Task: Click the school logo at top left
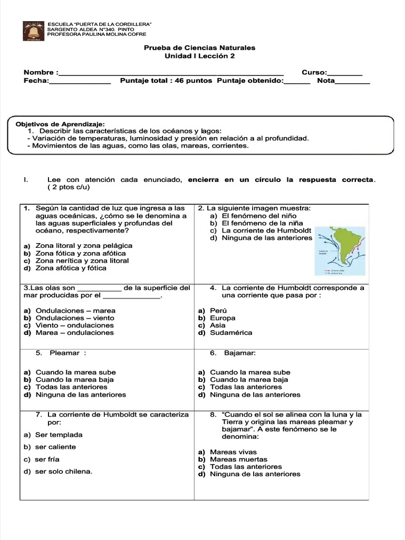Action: pos(34,31)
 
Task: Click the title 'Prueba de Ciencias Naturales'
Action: pos(199,48)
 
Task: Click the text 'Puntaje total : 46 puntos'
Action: pos(166,81)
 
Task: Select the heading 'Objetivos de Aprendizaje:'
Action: pos(61,123)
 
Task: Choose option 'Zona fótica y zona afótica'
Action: pos(74,253)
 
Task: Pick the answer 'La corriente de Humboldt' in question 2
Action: pos(266,230)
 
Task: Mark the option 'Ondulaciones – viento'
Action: pos(75,318)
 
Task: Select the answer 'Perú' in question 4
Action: pos(218,311)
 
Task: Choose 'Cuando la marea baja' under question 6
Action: pos(249,379)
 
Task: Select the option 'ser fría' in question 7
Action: pos(47,459)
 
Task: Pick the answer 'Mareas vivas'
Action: pos(233,452)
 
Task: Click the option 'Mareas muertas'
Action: pos(238,459)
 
